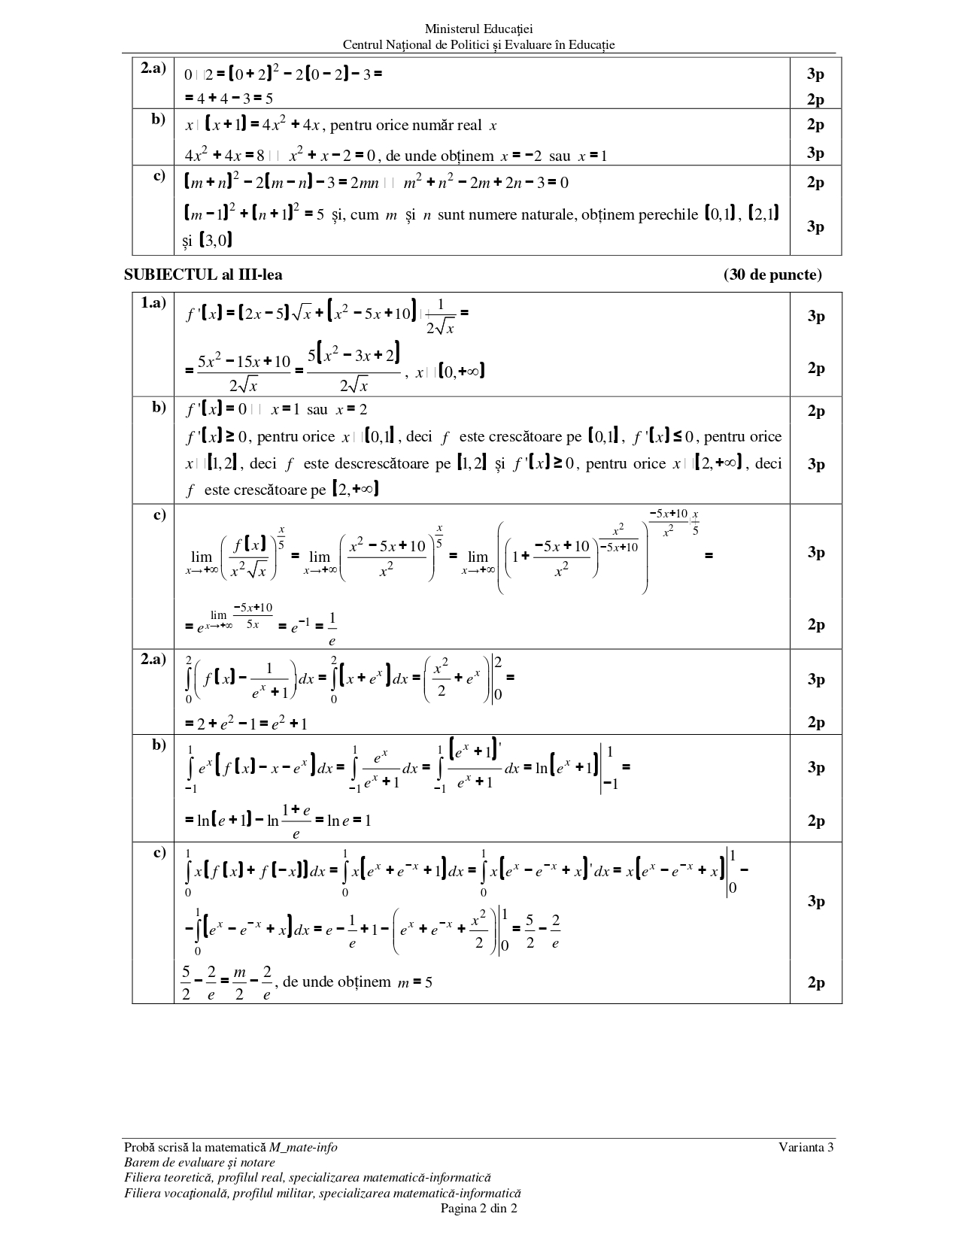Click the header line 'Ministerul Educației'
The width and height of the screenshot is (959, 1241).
coord(478,29)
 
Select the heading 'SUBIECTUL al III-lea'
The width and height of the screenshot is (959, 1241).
coord(203,275)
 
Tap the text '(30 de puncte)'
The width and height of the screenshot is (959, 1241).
coord(772,275)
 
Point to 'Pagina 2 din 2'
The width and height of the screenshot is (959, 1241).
coord(478,1209)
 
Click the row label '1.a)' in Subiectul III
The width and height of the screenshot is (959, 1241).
coord(153,303)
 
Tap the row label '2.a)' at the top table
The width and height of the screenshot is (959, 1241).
coord(153,68)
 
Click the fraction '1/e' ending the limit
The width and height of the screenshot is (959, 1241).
coord(332,629)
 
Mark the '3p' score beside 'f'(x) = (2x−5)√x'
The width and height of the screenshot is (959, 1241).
coord(816,317)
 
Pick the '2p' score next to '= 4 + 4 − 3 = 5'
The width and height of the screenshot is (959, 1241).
coord(816,99)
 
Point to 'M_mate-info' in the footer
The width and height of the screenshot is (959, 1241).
coord(304,1147)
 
